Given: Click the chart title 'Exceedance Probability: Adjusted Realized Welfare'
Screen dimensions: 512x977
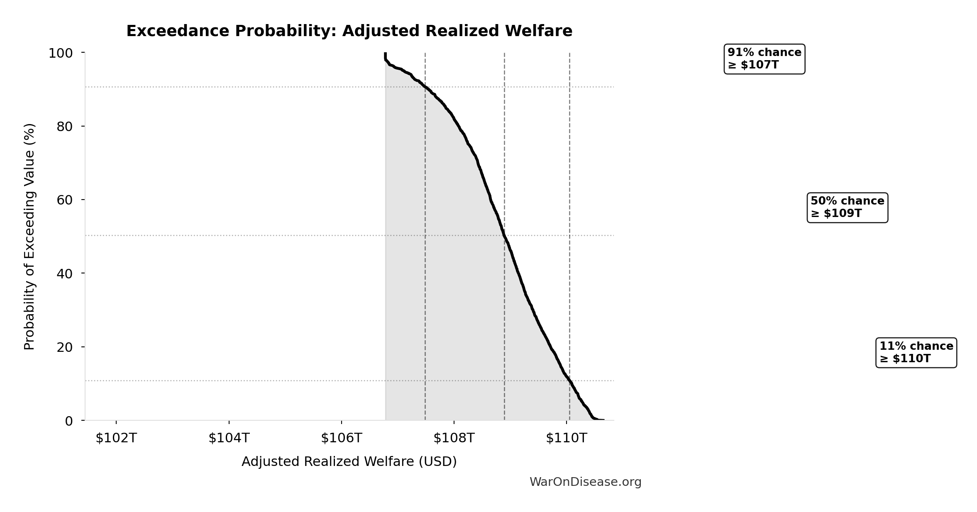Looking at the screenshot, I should point(349,31).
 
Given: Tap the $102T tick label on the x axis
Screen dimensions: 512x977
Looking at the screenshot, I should point(116,438).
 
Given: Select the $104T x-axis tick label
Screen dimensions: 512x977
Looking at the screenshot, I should point(229,438).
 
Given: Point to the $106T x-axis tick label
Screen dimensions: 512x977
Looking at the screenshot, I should point(342,438).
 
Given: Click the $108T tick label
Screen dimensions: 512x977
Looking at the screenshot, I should point(454,438).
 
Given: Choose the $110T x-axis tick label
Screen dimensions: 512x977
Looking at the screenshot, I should point(567,438).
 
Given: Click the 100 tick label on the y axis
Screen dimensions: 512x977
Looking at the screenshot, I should point(61,53).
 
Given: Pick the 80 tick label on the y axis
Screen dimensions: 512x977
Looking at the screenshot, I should point(65,127).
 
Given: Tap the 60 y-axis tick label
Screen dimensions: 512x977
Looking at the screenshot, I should point(65,200).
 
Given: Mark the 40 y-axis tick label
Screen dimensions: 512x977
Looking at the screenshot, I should point(65,273).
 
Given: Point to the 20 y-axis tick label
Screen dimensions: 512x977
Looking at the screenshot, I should point(65,347).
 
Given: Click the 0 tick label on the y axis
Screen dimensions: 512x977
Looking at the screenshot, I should point(69,421).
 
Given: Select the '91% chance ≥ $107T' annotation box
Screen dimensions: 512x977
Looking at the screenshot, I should point(764,59).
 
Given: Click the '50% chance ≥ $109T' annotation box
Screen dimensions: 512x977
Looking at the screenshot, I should point(847,207).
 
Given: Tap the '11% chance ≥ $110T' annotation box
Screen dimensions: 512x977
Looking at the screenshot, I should point(916,353).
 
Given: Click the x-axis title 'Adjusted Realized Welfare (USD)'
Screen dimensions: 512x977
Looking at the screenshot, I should point(349,461).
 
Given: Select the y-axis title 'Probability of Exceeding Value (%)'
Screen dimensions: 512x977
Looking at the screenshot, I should point(29,236).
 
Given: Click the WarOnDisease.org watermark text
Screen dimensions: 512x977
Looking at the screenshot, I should point(585,482).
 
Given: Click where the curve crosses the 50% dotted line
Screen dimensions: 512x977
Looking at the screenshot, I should point(504,235).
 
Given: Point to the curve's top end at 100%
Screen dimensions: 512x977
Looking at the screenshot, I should point(385,54).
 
